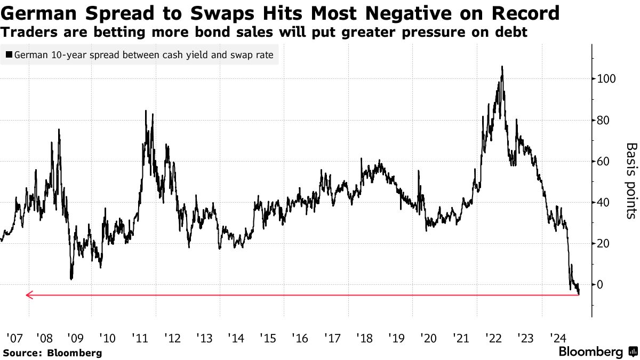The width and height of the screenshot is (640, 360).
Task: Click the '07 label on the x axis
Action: [13, 338]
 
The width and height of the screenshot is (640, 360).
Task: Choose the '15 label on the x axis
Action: [268, 338]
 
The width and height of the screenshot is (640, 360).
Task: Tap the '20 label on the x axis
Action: [429, 338]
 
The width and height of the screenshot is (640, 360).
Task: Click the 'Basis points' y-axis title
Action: [631, 180]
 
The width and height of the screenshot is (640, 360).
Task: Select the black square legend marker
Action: [9, 54]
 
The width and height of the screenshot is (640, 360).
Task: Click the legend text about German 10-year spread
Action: [143, 54]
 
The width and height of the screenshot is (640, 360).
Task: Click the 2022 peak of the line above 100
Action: [502, 67]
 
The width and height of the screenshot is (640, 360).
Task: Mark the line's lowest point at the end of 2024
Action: [579, 294]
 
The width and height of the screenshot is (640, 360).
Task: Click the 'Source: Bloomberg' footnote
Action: [52, 353]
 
